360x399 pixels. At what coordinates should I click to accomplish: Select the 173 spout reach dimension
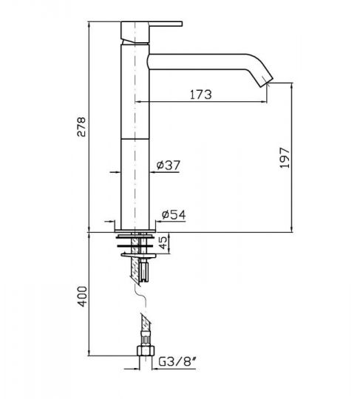pos(200,94)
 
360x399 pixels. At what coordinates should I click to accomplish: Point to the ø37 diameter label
pos(169,166)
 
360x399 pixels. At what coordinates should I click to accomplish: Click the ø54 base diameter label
pos(171,215)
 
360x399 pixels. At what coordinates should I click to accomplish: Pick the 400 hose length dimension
pos(82,298)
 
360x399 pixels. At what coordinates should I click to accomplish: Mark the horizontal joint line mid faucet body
pos(135,137)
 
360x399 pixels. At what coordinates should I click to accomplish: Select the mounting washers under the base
pos(136,243)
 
